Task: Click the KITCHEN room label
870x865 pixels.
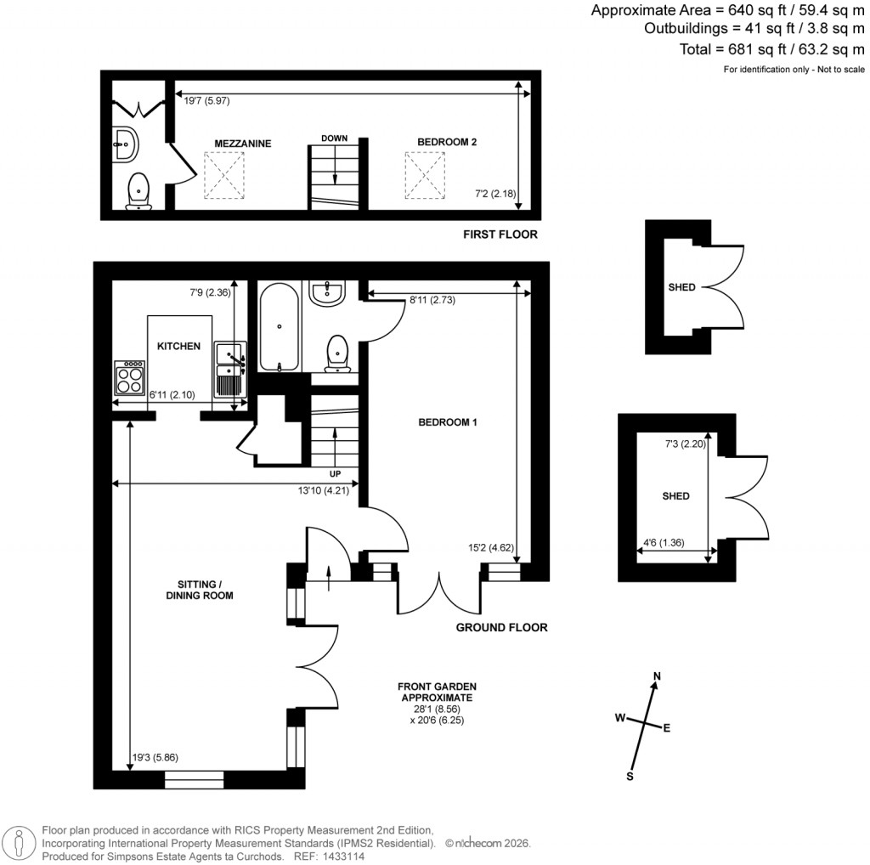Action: click(x=178, y=346)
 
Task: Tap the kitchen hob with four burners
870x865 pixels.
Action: click(x=130, y=377)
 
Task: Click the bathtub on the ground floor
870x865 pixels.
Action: click(x=280, y=327)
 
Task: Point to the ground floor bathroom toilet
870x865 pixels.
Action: click(x=338, y=353)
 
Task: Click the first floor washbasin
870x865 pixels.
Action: click(x=127, y=144)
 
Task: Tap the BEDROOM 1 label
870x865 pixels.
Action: click(x=448, y=422)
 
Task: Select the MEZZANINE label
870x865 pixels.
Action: click(x=243, y=144)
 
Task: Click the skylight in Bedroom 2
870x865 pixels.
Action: click(x=425, y=172)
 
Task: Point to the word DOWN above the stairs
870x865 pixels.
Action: click(x=334, y=138)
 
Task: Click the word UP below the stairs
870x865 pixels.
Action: click(x=337, y=472)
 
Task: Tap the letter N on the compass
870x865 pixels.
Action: click(x=656, y=676)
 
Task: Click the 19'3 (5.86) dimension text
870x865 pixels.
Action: click(x=155, y=758)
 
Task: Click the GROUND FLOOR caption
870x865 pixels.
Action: click(x=501, y=628)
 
